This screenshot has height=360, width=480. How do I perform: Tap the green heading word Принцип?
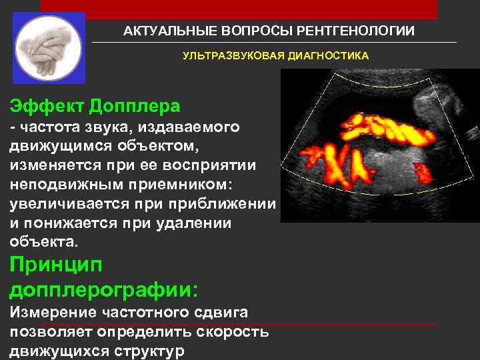pos(56,265)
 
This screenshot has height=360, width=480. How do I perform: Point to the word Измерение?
pos(51,312)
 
